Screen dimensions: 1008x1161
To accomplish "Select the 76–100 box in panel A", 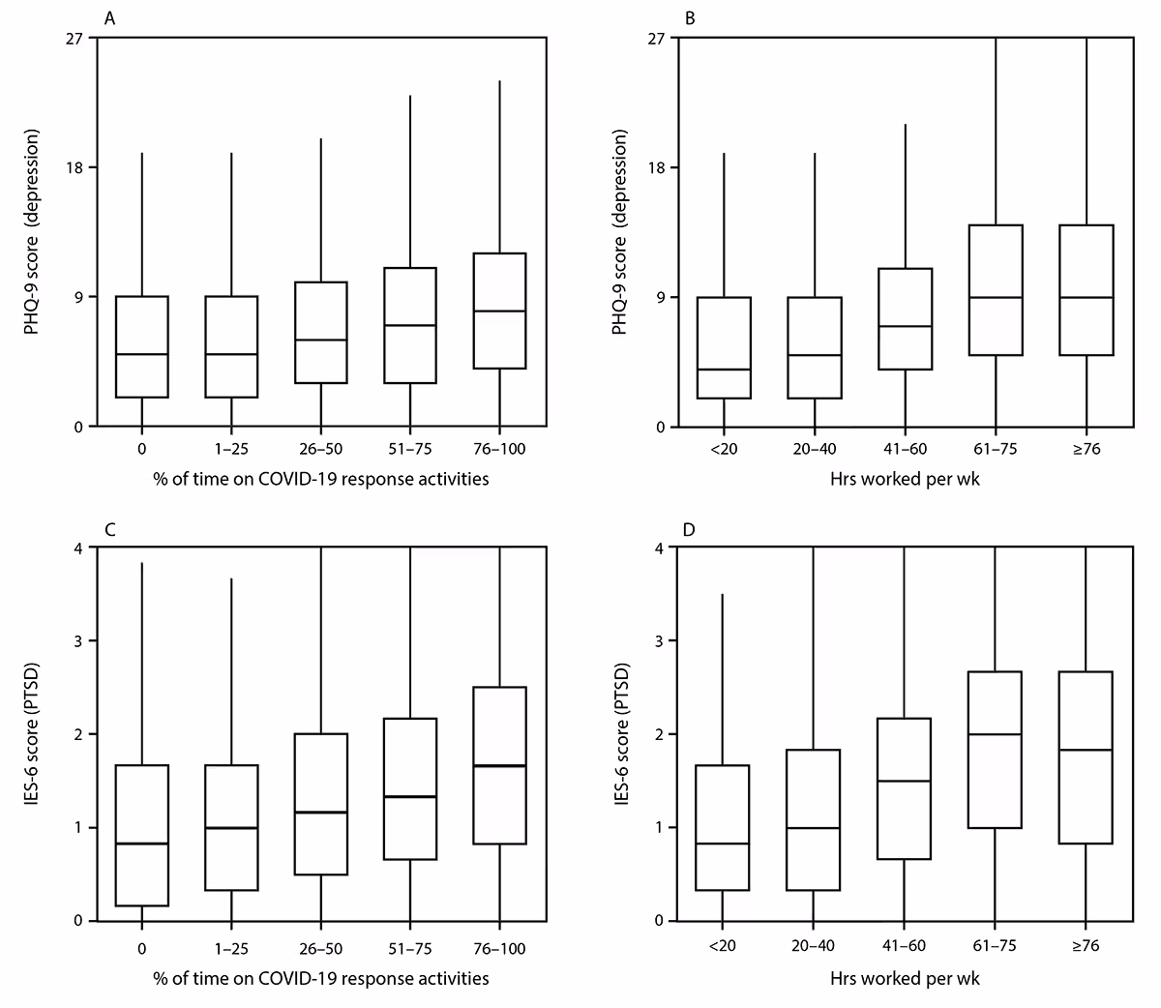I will (499, 311).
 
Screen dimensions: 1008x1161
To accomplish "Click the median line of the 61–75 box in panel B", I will (997, 297).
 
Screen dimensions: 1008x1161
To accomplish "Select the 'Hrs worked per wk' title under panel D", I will (905, 979).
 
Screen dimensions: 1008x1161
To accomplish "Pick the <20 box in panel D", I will (723, 828).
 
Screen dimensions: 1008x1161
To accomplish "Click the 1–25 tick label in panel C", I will (231, 949).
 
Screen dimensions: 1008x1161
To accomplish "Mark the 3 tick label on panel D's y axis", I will (658, 640).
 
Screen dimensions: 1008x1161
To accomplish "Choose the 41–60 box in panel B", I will (906, 319).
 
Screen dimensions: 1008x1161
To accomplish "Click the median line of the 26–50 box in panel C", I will (321, 813).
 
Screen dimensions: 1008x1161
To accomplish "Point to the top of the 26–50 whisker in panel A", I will (321, 138).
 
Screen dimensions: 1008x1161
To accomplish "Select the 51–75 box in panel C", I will (410, 788).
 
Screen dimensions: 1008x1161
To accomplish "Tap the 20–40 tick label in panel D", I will (814, 949).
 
